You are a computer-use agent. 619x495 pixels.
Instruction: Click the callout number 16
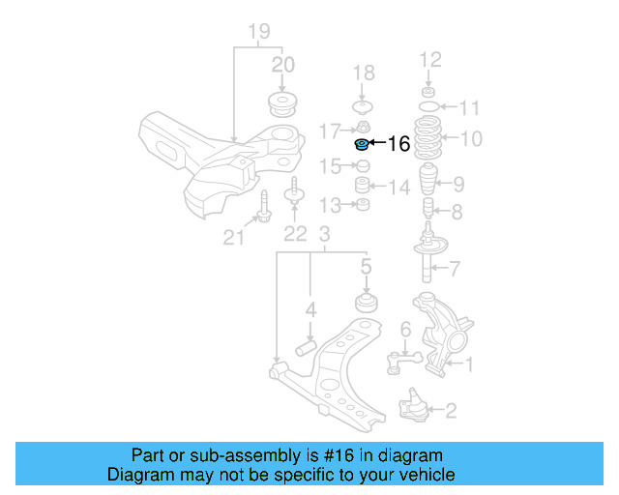tap(398, 145)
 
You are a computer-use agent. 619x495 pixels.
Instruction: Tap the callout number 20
tap(282, 66)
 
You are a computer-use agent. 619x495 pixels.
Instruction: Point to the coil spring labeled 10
tap(427, 139)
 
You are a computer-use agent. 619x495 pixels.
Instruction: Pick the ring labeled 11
tap(427, 105)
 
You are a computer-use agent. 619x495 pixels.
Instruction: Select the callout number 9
tap(458, 183)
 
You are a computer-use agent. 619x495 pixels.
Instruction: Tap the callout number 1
tap(470, 364)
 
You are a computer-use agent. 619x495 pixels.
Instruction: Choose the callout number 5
tap(367, 266)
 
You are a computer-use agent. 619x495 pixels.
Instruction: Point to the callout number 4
tap(310, 310)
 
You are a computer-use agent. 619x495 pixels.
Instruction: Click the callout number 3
tap(325, 234)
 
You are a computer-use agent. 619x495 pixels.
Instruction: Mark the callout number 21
tap(234, 237)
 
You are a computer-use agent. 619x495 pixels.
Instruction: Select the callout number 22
tap(294, 233)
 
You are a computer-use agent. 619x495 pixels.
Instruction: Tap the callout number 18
tap(363, 73)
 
